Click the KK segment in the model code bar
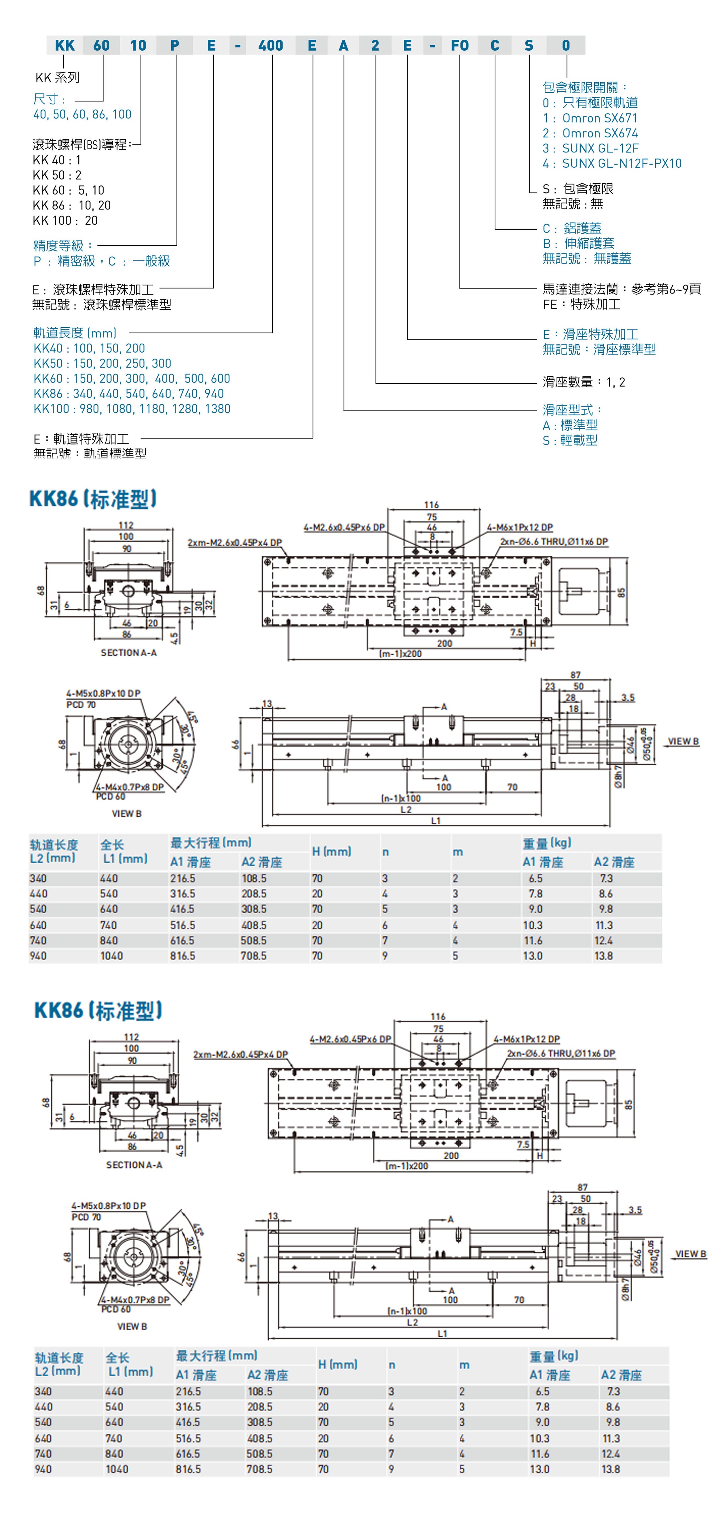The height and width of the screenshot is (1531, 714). pos(65,45)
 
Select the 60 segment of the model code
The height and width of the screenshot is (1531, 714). pos(102,45)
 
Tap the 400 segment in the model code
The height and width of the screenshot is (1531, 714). pos(271,45)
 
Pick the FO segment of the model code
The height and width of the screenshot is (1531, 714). pos(460,45)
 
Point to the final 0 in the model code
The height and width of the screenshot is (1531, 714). pos(565,45)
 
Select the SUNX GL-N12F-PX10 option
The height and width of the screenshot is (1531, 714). pos(612,163)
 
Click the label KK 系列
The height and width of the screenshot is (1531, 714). pos(57,77)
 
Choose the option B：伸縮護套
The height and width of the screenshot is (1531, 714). pos(578,243)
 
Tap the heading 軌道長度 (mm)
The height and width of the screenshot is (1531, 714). pos(75,333)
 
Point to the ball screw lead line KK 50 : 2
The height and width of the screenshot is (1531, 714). pos(57,175)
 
